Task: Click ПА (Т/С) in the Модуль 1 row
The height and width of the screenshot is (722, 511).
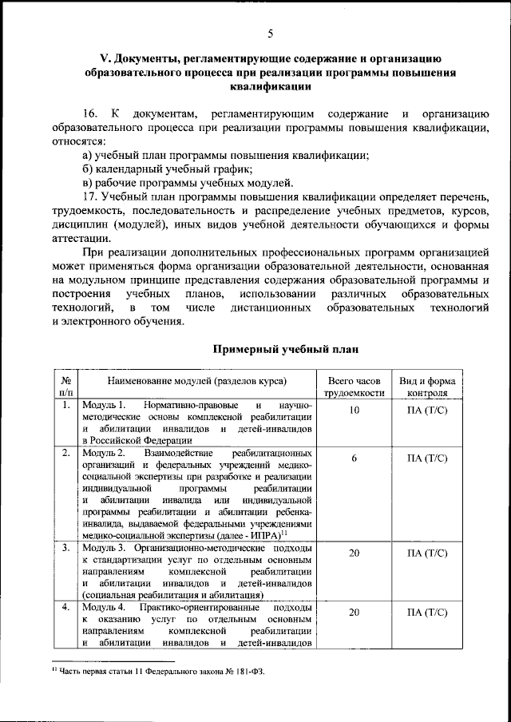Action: tap(428, 410)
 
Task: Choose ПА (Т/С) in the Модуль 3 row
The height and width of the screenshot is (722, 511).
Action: tap(428, 553)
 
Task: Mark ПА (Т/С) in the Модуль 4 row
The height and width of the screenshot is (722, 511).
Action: tap(428, 613)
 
